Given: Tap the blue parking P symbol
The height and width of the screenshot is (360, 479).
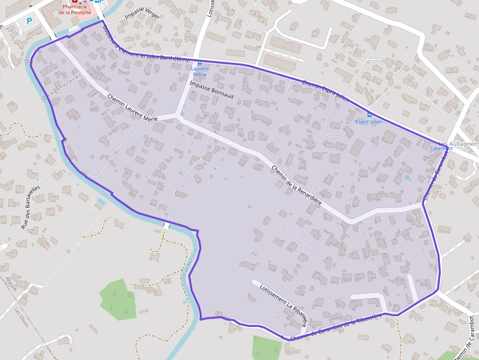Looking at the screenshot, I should click(x=29, y=21).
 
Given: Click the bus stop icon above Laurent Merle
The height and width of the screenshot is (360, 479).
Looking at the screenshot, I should click(x=199, y=63).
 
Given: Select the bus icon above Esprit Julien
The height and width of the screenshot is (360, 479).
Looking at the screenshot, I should click(x=369, y=115).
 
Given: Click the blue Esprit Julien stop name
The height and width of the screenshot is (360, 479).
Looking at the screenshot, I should click(x=369, y=122).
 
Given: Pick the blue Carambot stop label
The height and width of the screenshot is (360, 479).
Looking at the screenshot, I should click(x=441, y=148).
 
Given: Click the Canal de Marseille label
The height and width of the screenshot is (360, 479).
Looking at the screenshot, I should click(x=191, y=264).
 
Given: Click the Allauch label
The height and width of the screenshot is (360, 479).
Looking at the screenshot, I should click(x=11, y=284).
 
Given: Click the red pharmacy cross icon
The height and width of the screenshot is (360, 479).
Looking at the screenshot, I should click(x=74, y=2).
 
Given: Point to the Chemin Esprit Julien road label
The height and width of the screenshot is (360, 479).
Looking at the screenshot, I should click(x=325, y=91).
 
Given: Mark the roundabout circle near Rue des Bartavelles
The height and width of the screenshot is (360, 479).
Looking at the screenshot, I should click(x=45, y=183).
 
